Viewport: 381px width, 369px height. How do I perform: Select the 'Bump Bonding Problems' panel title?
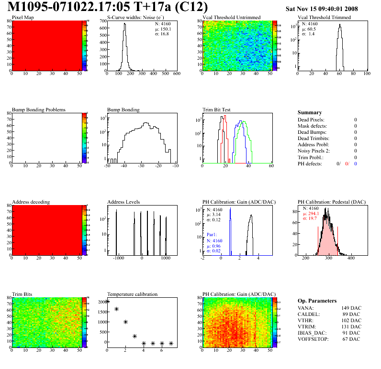pos(39,109)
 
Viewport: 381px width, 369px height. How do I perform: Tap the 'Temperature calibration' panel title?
pos(132,294)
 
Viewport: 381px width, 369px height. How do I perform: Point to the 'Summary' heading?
pos(310,112)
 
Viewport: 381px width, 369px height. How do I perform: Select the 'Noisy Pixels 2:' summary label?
pos(314,151)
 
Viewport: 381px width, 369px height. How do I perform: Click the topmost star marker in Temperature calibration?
pos(107,301)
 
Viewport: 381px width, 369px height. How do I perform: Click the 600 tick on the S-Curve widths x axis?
pos(176,74)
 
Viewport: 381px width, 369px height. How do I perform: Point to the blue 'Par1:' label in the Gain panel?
pos(213,235)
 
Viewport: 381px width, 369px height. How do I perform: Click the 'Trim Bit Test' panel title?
pos(217,109)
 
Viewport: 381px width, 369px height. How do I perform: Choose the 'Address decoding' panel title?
pos(31,202)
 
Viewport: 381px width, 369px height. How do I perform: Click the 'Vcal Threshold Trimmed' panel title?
pos(324,18)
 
